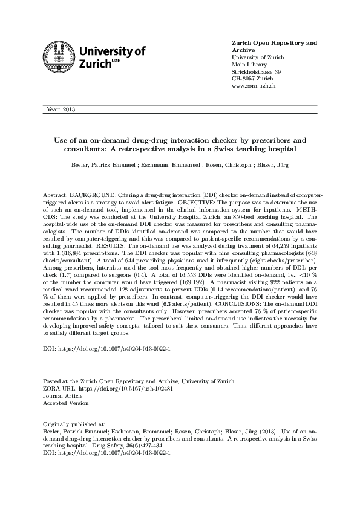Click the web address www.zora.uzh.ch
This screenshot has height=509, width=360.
[254, 86]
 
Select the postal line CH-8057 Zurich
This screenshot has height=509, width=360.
[252, 79]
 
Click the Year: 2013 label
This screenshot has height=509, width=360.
[60, 109]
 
